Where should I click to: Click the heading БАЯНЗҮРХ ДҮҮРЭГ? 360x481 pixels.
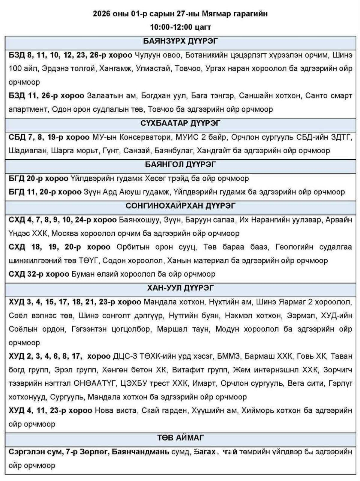tap(180, 41)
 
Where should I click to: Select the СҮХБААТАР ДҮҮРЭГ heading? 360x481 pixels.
tap(180, 123)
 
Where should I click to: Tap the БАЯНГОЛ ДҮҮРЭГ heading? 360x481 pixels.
tap(180, 164)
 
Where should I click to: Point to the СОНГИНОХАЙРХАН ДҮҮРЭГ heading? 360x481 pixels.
tap(180, 206)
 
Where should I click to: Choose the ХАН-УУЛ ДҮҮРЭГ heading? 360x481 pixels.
tap(180, 288)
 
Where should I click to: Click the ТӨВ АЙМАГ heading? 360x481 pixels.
tap(180, 438)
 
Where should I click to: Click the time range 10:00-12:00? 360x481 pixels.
tap(171, 27)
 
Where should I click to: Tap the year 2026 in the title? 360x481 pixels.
tap(102, 14)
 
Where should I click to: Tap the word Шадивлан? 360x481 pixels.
tap(26, 151)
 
